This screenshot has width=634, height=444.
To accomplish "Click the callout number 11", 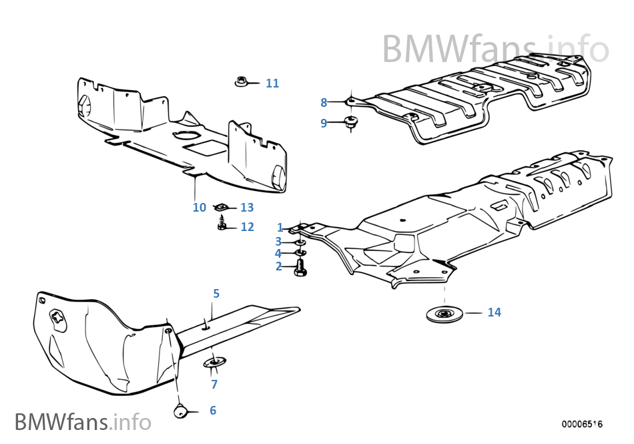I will pos(272,83).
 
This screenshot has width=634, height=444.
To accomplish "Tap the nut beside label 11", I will pos(242,83).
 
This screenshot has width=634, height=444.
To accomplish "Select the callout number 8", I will pos(324,103).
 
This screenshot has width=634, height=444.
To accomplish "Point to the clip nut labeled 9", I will pos(350,122).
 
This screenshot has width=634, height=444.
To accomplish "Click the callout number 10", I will pos(199,208).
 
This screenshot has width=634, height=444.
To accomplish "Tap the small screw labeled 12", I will pos(222,226).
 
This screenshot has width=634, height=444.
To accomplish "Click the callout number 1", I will pos(280,228).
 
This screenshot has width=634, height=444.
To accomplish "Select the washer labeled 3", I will pos(300,242).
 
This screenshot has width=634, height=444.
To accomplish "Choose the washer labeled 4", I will pos(300,254).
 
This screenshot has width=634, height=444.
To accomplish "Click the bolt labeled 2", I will pos(300,268).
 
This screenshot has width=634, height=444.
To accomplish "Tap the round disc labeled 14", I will pos(442,313).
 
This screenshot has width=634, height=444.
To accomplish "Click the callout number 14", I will pos(494,312).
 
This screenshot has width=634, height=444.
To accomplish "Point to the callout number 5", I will pos(216,293).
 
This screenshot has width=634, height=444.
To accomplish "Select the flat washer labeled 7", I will pos(213,363).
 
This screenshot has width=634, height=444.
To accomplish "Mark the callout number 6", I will pos(213,411).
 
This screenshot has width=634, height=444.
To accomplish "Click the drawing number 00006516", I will pos(581,424).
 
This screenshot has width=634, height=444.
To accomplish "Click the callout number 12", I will pos(247,227).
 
